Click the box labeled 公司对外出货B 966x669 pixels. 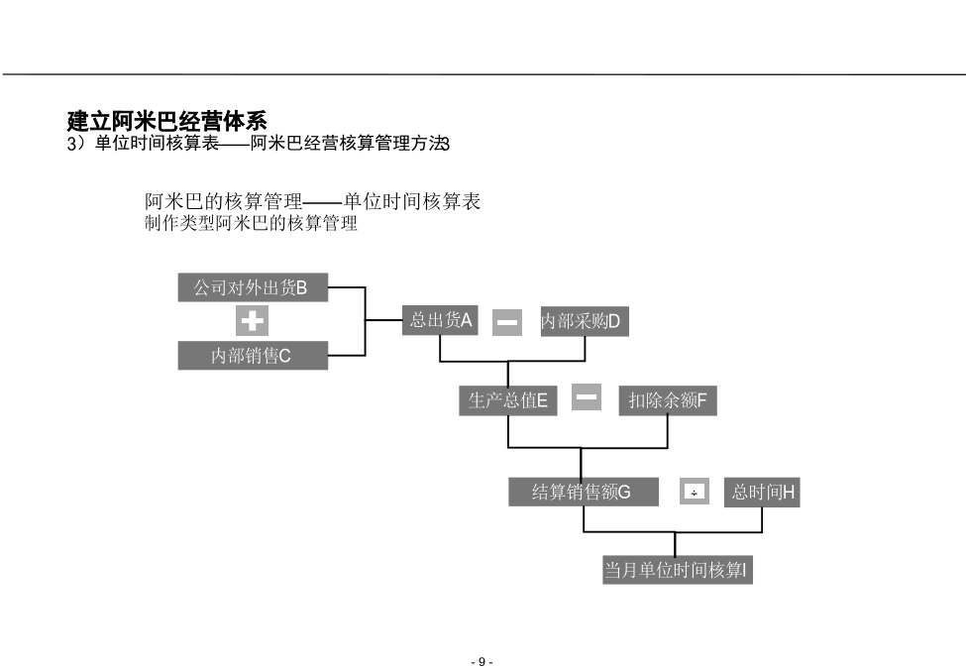tap(253, 287)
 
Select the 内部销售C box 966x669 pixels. tap(253, 356)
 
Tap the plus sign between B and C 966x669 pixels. tap(252, 321)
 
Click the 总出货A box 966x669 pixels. tap(440, 320)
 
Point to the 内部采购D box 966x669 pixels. tap(585, 321)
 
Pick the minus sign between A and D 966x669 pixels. tap(507, 322)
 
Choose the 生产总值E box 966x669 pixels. tap(507, 400)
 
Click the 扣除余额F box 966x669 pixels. tap(668, 400)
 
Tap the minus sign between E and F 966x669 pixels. tap(587, 396)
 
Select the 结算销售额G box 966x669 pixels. tap(584, 492)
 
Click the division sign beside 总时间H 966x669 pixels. tap(695, 492)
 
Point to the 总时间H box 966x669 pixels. tap(762, 492)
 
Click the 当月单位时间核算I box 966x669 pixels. tap(677, 570)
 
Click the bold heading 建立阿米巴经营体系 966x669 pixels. tap(167, 121)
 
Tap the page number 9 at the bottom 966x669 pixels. tap(482, 662)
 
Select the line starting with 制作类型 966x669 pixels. tap(251, 223)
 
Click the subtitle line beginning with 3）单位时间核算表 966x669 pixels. tap(259, 144)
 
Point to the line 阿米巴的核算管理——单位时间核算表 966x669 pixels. tap(312, 201)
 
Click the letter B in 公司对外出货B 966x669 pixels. tap(301, 287)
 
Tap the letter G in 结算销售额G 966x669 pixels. tap(624, 492)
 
